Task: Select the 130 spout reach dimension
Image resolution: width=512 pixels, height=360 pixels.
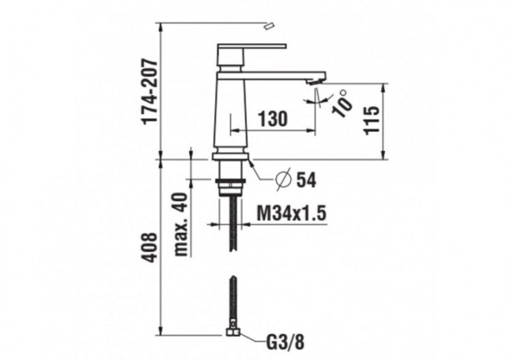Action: [x=272, y=119]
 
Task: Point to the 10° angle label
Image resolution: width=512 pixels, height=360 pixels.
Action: [x=343, y=105]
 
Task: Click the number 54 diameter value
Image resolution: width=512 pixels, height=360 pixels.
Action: [x=307, y=180]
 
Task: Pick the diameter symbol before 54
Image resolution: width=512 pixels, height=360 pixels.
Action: [x=283, y=180]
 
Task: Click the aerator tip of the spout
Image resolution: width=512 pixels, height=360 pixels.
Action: [x=313, y=81]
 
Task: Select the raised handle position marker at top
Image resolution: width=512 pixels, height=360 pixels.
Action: [x=269, y=26]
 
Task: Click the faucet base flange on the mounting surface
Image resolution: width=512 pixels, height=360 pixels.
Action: [x=231, y=156]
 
